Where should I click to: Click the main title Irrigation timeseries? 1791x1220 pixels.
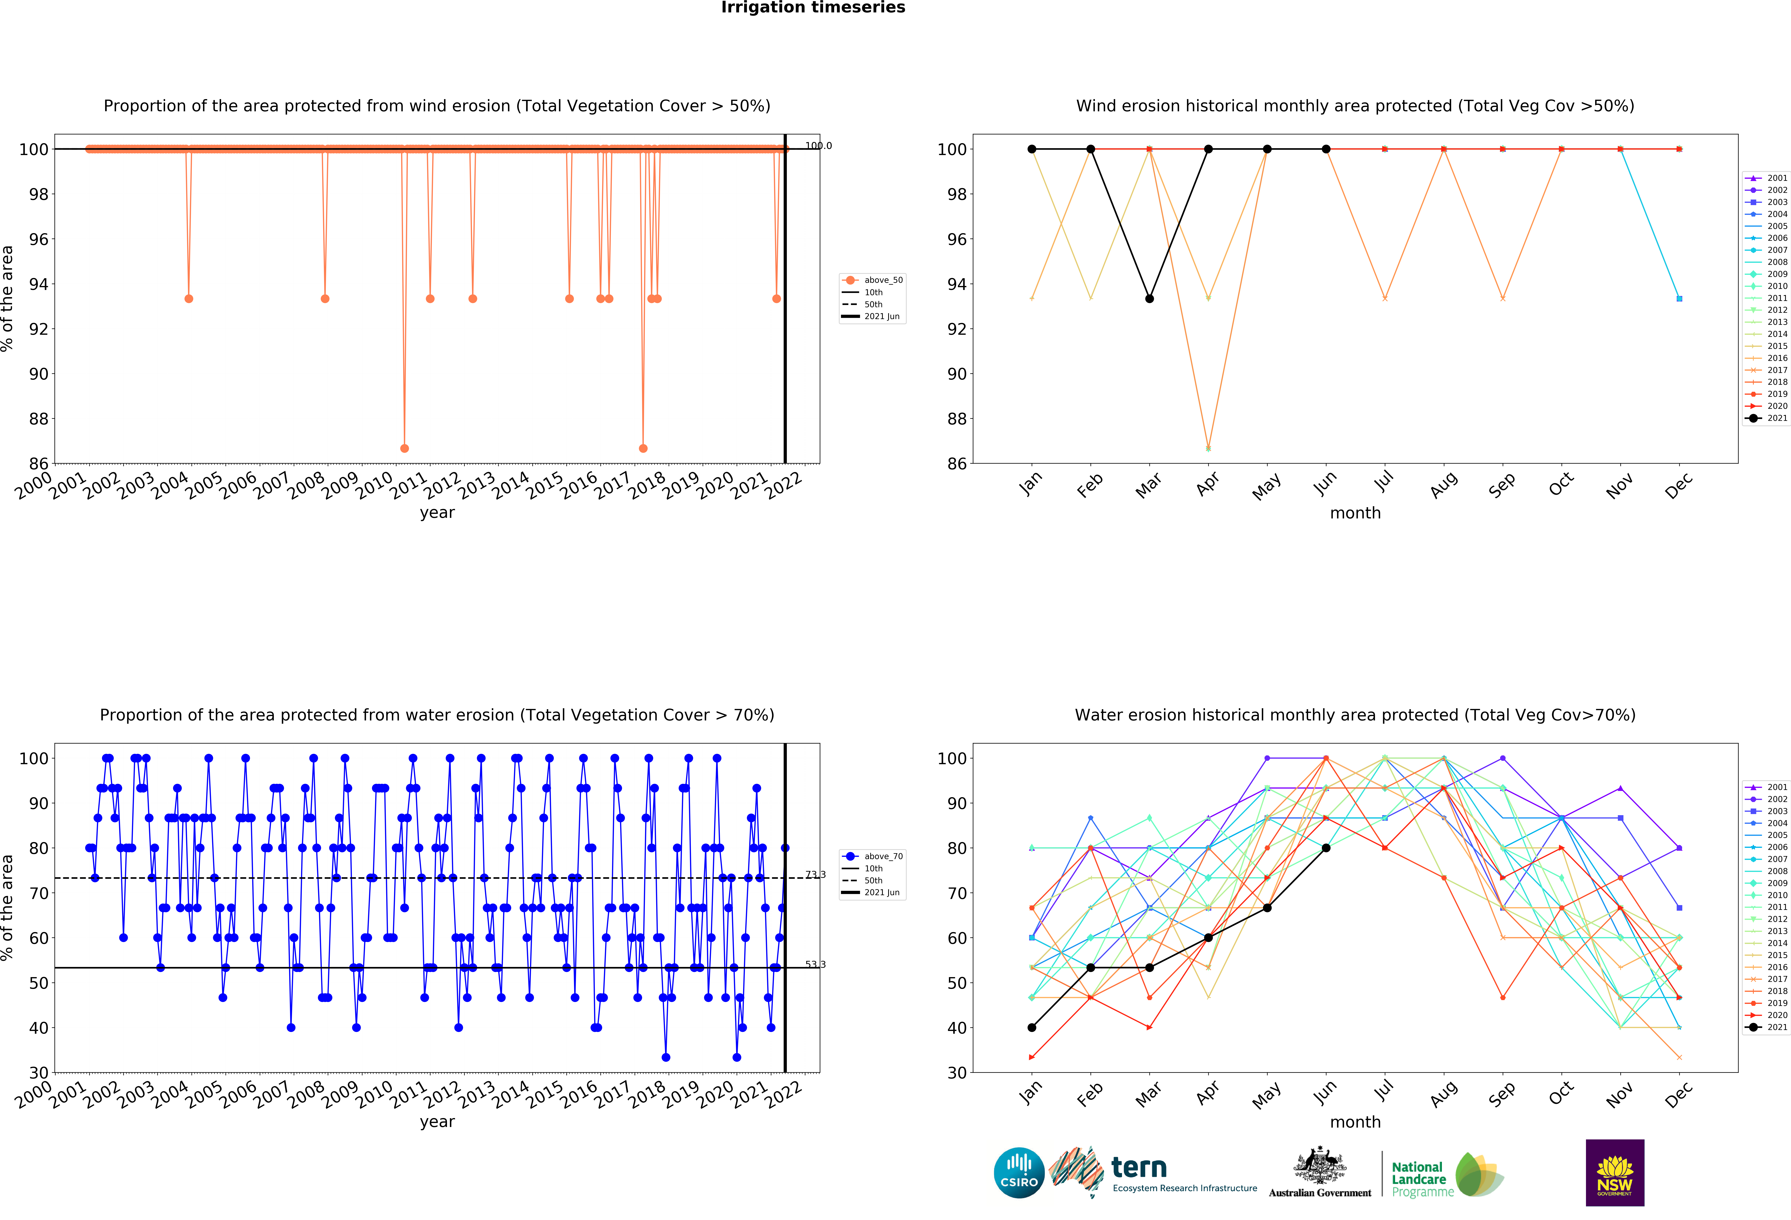(813, 8)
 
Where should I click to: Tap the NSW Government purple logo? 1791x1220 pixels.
(1614, 1172)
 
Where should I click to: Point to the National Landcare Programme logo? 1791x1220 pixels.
(1446, 1175)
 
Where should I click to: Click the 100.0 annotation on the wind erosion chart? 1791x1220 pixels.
(818, 146)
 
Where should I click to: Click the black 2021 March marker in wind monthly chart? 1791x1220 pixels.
(1149, 299)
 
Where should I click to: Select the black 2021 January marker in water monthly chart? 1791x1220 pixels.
(1032, 1028)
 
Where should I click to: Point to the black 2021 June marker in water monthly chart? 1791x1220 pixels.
(1326, 848)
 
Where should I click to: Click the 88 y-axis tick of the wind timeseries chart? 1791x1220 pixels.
(39, 419)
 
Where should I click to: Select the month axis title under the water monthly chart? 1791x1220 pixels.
(1355, 1122)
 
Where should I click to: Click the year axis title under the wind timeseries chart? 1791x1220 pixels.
(437, 513)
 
